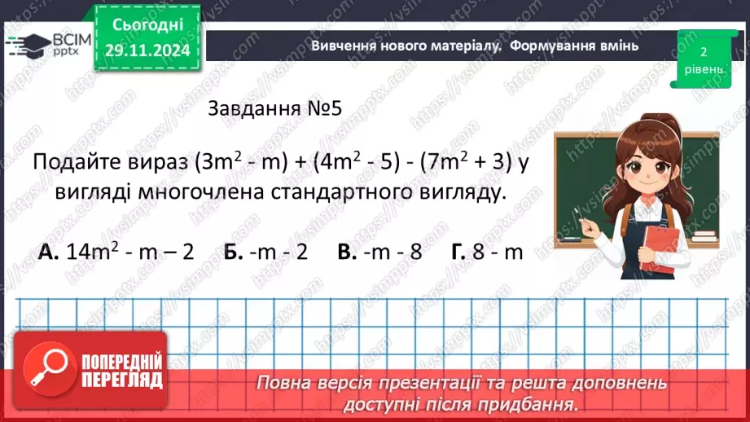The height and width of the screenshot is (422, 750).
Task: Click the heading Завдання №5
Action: pos(274,109)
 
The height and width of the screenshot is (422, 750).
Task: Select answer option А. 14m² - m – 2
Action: pos(116,252)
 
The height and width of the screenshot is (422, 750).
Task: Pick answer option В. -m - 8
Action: pos(379,252)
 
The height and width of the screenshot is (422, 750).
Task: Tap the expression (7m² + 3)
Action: pos(463,161)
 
